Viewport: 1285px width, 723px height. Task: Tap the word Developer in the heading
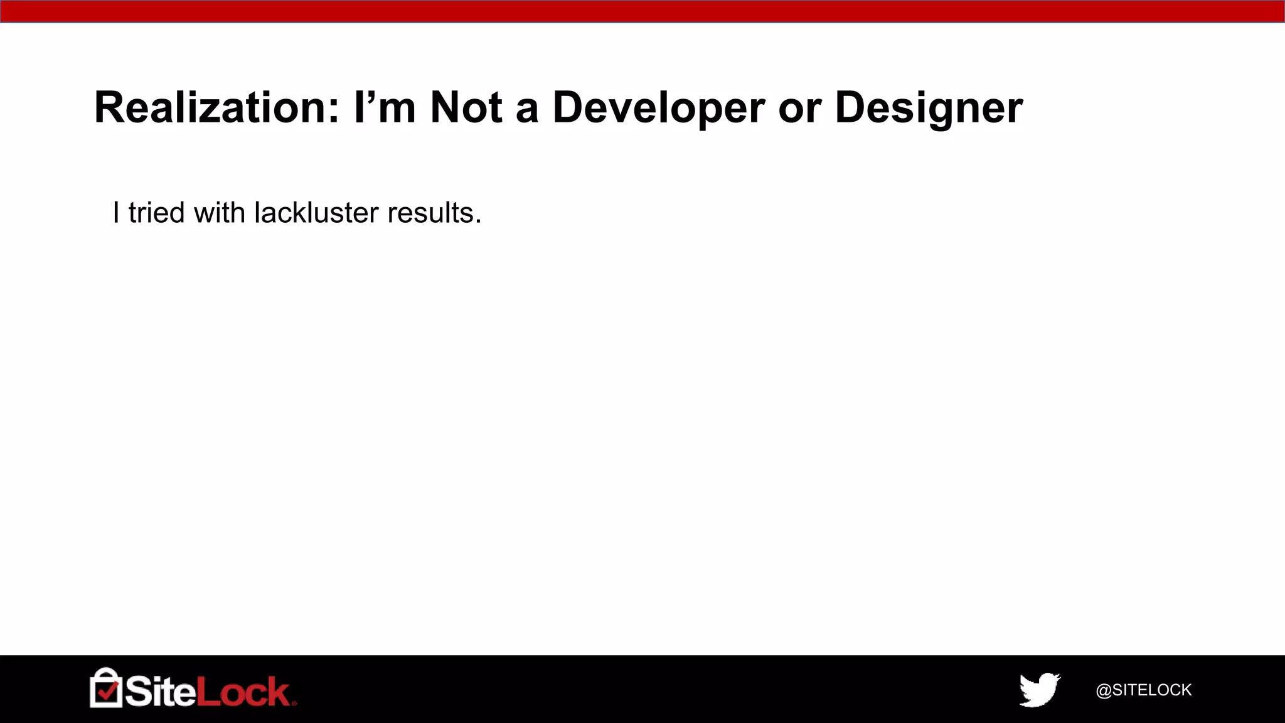(658, 109)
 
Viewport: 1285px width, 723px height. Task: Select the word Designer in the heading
(929, 109)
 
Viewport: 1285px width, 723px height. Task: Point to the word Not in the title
(466, 107)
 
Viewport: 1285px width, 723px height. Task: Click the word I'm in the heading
(385, 107)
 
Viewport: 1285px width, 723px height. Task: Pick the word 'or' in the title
(799, 109)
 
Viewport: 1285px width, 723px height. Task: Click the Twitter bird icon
(1039, 690)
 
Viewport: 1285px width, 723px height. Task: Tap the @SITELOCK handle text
(1143, 690)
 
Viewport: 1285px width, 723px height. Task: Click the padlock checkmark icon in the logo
(106, 688)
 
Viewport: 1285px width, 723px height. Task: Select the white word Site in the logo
(160, 692)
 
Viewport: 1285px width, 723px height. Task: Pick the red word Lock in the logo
(243, 692)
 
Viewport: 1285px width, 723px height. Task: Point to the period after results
(478, 221)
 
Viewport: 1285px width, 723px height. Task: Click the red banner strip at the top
(642, 11)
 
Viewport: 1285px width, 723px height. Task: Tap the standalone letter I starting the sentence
(116, 213)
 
